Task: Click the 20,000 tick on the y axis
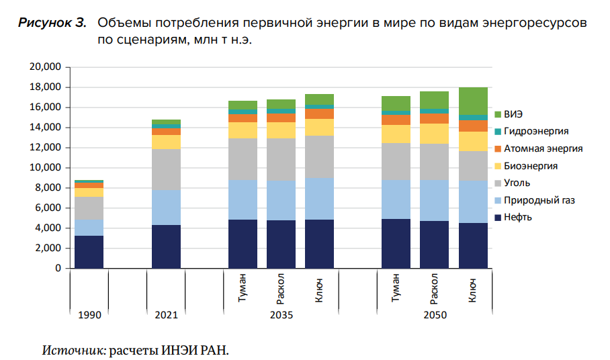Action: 46,67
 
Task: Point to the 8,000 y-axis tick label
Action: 49,188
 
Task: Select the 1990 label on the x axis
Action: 89,314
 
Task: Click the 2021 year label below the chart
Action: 166,314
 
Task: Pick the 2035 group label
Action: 281,314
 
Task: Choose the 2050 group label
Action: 434,314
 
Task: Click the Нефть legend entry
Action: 520,218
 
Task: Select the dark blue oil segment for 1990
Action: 89,252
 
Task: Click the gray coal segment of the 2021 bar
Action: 166,169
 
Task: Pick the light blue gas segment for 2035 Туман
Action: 243,199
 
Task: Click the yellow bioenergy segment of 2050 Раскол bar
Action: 434,134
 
